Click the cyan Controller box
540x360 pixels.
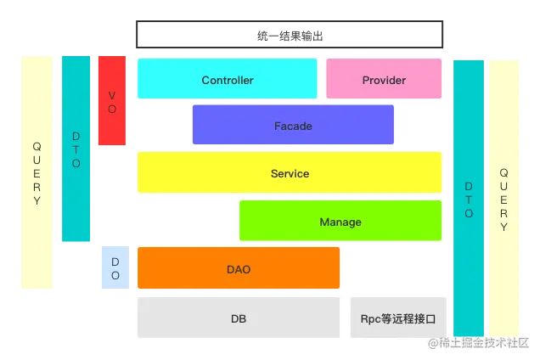point(227,79)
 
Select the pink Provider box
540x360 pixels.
point(384,79)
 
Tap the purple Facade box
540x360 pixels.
point(293,125)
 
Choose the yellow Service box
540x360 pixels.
point(290,173)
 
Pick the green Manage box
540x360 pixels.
point(340,221)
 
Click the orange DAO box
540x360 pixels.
point(239,268)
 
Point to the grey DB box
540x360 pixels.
point(239,318)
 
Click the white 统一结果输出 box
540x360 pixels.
point(290,35)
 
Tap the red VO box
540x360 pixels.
point(111,102)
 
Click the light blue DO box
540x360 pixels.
point(115,268)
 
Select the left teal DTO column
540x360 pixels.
point(76,149)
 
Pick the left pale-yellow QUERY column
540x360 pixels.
point(37,173)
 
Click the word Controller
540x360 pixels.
point(228,81)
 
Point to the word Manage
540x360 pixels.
point(340,222)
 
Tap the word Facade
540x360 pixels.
point(293,127)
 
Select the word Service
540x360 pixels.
point(290,174)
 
